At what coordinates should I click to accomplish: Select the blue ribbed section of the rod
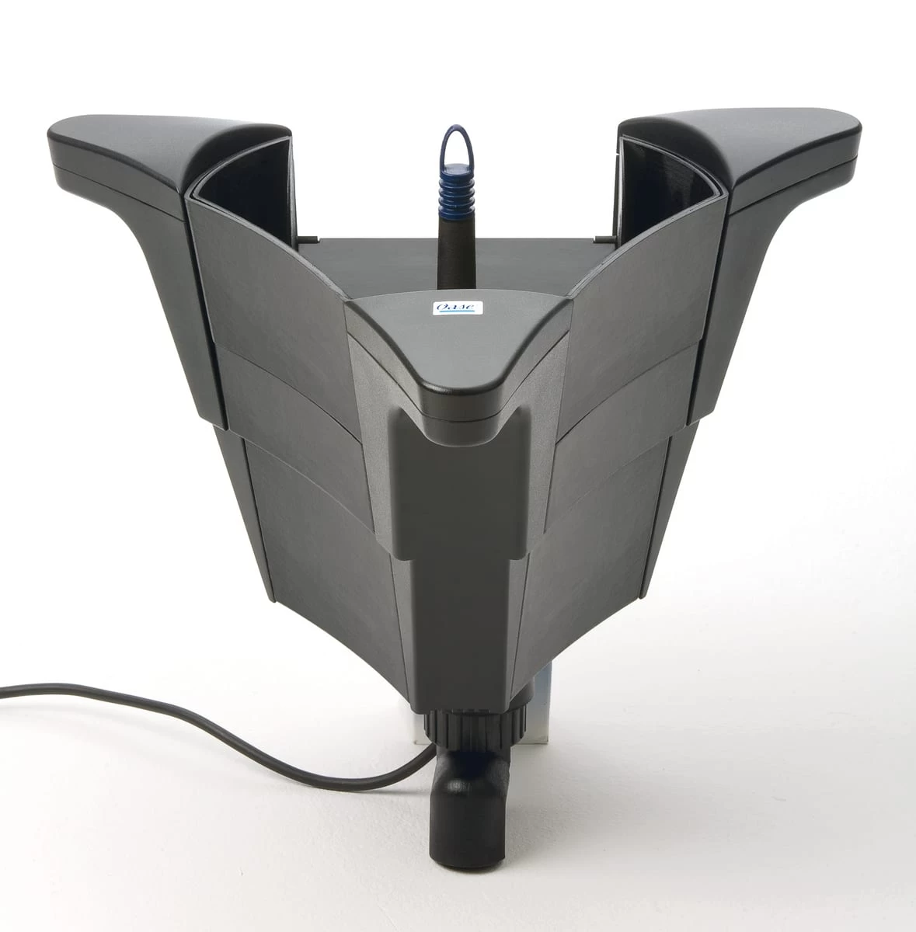[456, 189]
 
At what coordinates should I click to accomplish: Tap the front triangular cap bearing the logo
[458, 348]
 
